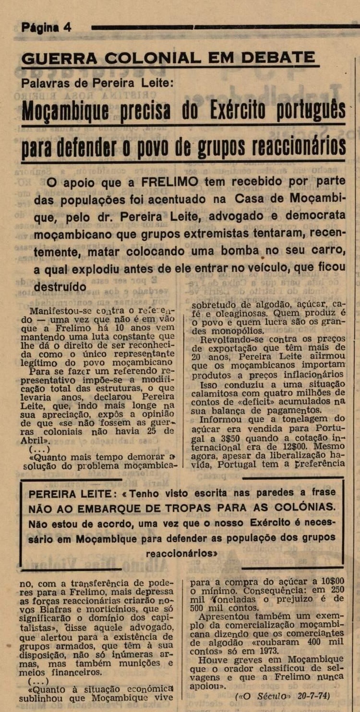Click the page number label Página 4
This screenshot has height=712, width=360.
tap(47, 27)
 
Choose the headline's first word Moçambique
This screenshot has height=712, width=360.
tap(65, 111)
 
